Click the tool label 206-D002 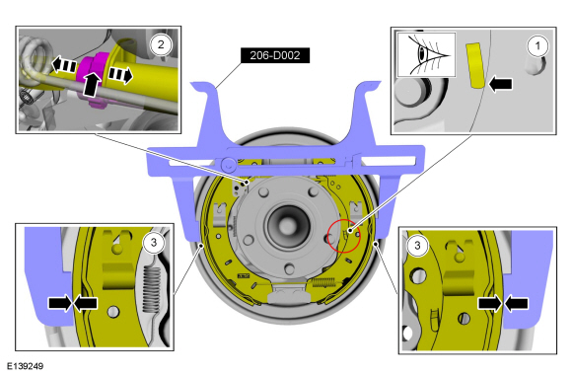pyautogui.click(x=275, y=55)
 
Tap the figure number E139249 pyautogui.click(x=26, y=366)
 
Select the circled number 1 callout pyautogui.click(x=537, y=46)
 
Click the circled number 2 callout pyautogui.click(x=161, y=44)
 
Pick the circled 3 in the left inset pyautogui.click(x=154, y=242)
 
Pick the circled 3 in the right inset pyautogui.click(x=417, y=246)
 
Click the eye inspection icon pyautogui.click(x=426, y=54)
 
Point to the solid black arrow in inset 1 pyautogui.click(x=500, y=84)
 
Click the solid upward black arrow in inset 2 pyautogui.click(x=91, y=84)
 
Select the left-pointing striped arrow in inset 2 pyautogui.click(x=64, y=65)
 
